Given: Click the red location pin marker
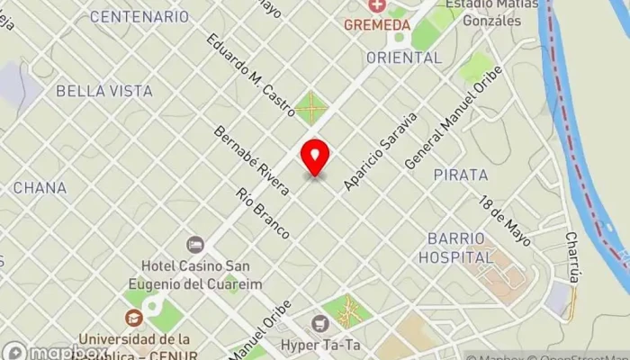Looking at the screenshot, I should (315, 157).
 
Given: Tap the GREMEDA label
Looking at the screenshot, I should (376, 24).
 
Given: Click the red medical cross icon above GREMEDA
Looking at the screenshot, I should (377, 7).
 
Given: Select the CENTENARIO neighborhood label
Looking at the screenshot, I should (139, 16).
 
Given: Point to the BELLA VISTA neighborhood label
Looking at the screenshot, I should (104, 91).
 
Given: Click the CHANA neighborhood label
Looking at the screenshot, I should (40, 187).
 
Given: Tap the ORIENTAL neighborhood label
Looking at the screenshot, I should (404, 58).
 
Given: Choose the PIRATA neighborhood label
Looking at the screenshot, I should (460, 174).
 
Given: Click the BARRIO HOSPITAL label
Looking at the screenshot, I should (455, 247).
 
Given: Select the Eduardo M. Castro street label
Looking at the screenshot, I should (251, 76).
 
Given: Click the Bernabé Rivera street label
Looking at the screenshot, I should (252, 161).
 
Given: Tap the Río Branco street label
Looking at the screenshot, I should (262, 212).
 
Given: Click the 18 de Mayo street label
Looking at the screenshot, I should (505, 220).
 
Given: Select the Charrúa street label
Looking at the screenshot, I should (572, 256).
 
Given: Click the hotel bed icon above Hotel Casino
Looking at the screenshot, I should (195, 244).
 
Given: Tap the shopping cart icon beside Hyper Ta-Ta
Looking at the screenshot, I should (318, 323).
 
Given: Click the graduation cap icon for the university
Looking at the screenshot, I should (134, 317).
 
